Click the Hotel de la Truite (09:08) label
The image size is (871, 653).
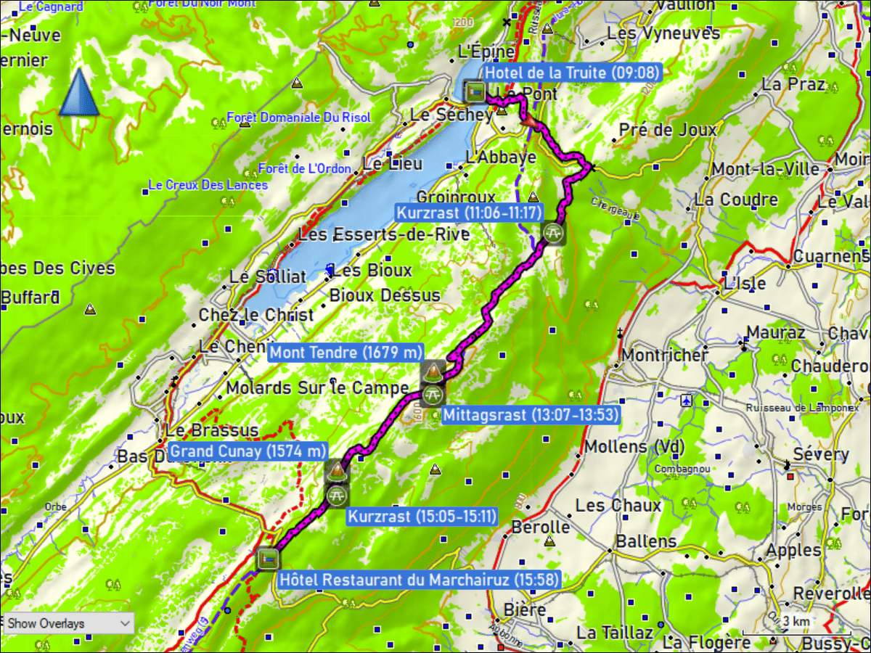pyautogui.click(x=573, y=73)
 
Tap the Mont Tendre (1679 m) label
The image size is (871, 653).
pyautogui.click(x=345, y=353)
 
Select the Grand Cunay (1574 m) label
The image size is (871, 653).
pyautogui.click(x=248, y=451)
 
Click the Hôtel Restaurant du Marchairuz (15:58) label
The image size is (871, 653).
pyautogui.click(x=419, y=580)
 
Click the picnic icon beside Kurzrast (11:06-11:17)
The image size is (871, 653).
pyautogui.click(x=552, y=233)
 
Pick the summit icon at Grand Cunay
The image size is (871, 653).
pyautogui.click(x=336, y=472)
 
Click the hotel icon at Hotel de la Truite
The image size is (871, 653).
pyautogui.click(x=475, y=91)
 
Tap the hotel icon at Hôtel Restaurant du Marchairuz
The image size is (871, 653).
pyautogui.click(x=267, y=559)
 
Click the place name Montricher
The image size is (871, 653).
pyautogui.click(x=664, y=356)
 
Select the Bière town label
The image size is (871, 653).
pyautogui.click(x=525, y=609)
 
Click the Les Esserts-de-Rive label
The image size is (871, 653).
pyautogui.click(x=384, y=234)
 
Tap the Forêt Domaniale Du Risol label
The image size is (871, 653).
pyautogui.click(x=298, y=118)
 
